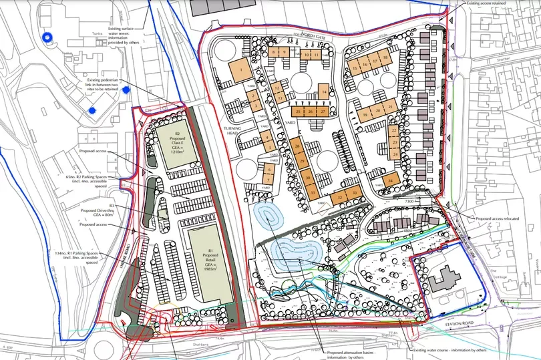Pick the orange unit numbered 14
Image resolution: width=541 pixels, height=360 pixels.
(x=323, y=92)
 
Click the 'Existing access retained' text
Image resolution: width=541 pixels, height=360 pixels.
(x=490, y=3)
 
